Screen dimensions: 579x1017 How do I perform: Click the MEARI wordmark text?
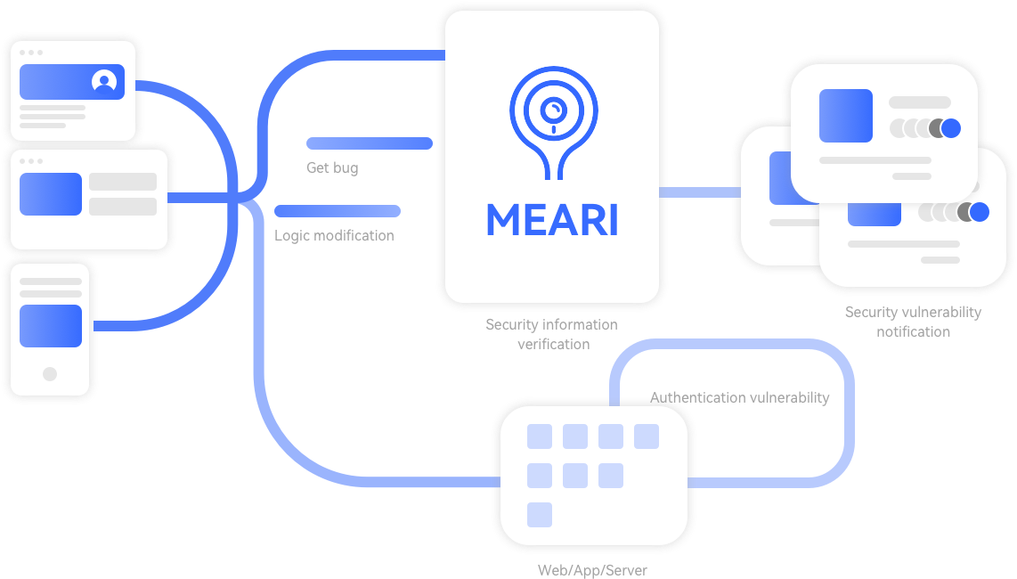pos(552,220)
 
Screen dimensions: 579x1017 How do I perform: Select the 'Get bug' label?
pos(332,167)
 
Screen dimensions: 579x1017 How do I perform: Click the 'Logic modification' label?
pos(334,236)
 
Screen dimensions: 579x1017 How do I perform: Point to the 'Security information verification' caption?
pos(552,334)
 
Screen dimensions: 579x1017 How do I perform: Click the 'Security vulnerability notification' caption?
pos(913,322)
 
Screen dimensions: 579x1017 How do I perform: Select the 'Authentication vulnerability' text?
pos(740,397)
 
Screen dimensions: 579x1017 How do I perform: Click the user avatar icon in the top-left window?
pos(104,82)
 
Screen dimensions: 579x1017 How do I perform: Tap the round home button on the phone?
pos(50,374)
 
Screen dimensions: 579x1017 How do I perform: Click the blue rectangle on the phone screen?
pos(51,326)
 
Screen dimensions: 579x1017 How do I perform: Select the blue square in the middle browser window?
pos(51,194)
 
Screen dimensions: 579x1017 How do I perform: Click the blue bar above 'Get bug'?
pos(370,143)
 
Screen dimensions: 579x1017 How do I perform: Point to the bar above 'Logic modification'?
pos(338,211)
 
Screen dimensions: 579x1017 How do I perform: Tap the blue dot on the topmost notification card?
pos(951,128)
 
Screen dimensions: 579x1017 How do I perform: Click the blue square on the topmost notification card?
pos(846,116)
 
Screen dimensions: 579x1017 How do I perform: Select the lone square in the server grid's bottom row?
pos(540,515)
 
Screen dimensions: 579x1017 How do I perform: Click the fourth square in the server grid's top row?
pos(647,436)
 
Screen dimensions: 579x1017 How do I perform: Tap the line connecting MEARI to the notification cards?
pos(699,192)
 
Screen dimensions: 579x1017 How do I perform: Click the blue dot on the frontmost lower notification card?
pos(980,212)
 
